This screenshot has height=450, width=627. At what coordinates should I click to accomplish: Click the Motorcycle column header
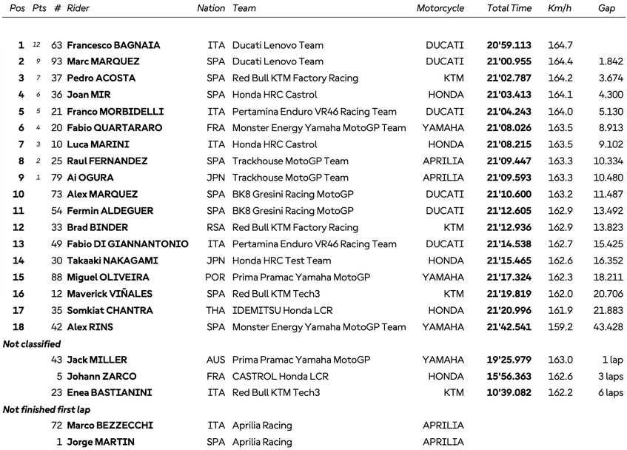tap(440, 8)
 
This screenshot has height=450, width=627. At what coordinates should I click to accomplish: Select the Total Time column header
tap(509, 8)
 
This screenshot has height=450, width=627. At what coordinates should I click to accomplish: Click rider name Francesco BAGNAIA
tap(113, 45)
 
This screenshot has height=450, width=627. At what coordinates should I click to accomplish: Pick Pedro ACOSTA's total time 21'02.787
tap(509, 78)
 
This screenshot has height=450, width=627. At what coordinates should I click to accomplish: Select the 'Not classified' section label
tap(32, 343)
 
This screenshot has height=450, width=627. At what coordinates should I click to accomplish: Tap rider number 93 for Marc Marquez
tap(57, 61)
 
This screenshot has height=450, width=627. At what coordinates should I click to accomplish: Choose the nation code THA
tap(215, 311)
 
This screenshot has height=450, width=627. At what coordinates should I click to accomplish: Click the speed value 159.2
tap(560, 327)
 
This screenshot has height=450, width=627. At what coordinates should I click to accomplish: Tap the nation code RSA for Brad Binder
tap(215, 227)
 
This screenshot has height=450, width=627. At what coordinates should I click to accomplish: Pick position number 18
tap(18, 327)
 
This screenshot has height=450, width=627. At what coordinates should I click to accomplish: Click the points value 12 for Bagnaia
tap(36, 45)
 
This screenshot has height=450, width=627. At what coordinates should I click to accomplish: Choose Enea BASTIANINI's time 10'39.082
tap(509, 393)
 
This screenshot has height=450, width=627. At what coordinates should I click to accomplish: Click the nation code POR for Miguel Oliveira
tap(215, 278)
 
